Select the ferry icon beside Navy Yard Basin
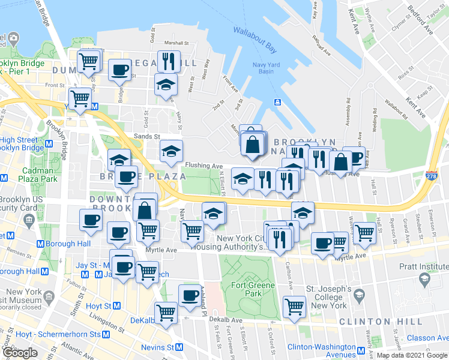pyautogui.click(x=278, y=102)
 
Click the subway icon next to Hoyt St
pyautogui.click(x=116, y=305)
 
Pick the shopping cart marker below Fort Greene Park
pyautogui.click(x=294, y=307)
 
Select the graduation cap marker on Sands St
pyautogui.click(x=171, y=150)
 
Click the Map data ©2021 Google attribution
pyautogui.click(x=412, y=356)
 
